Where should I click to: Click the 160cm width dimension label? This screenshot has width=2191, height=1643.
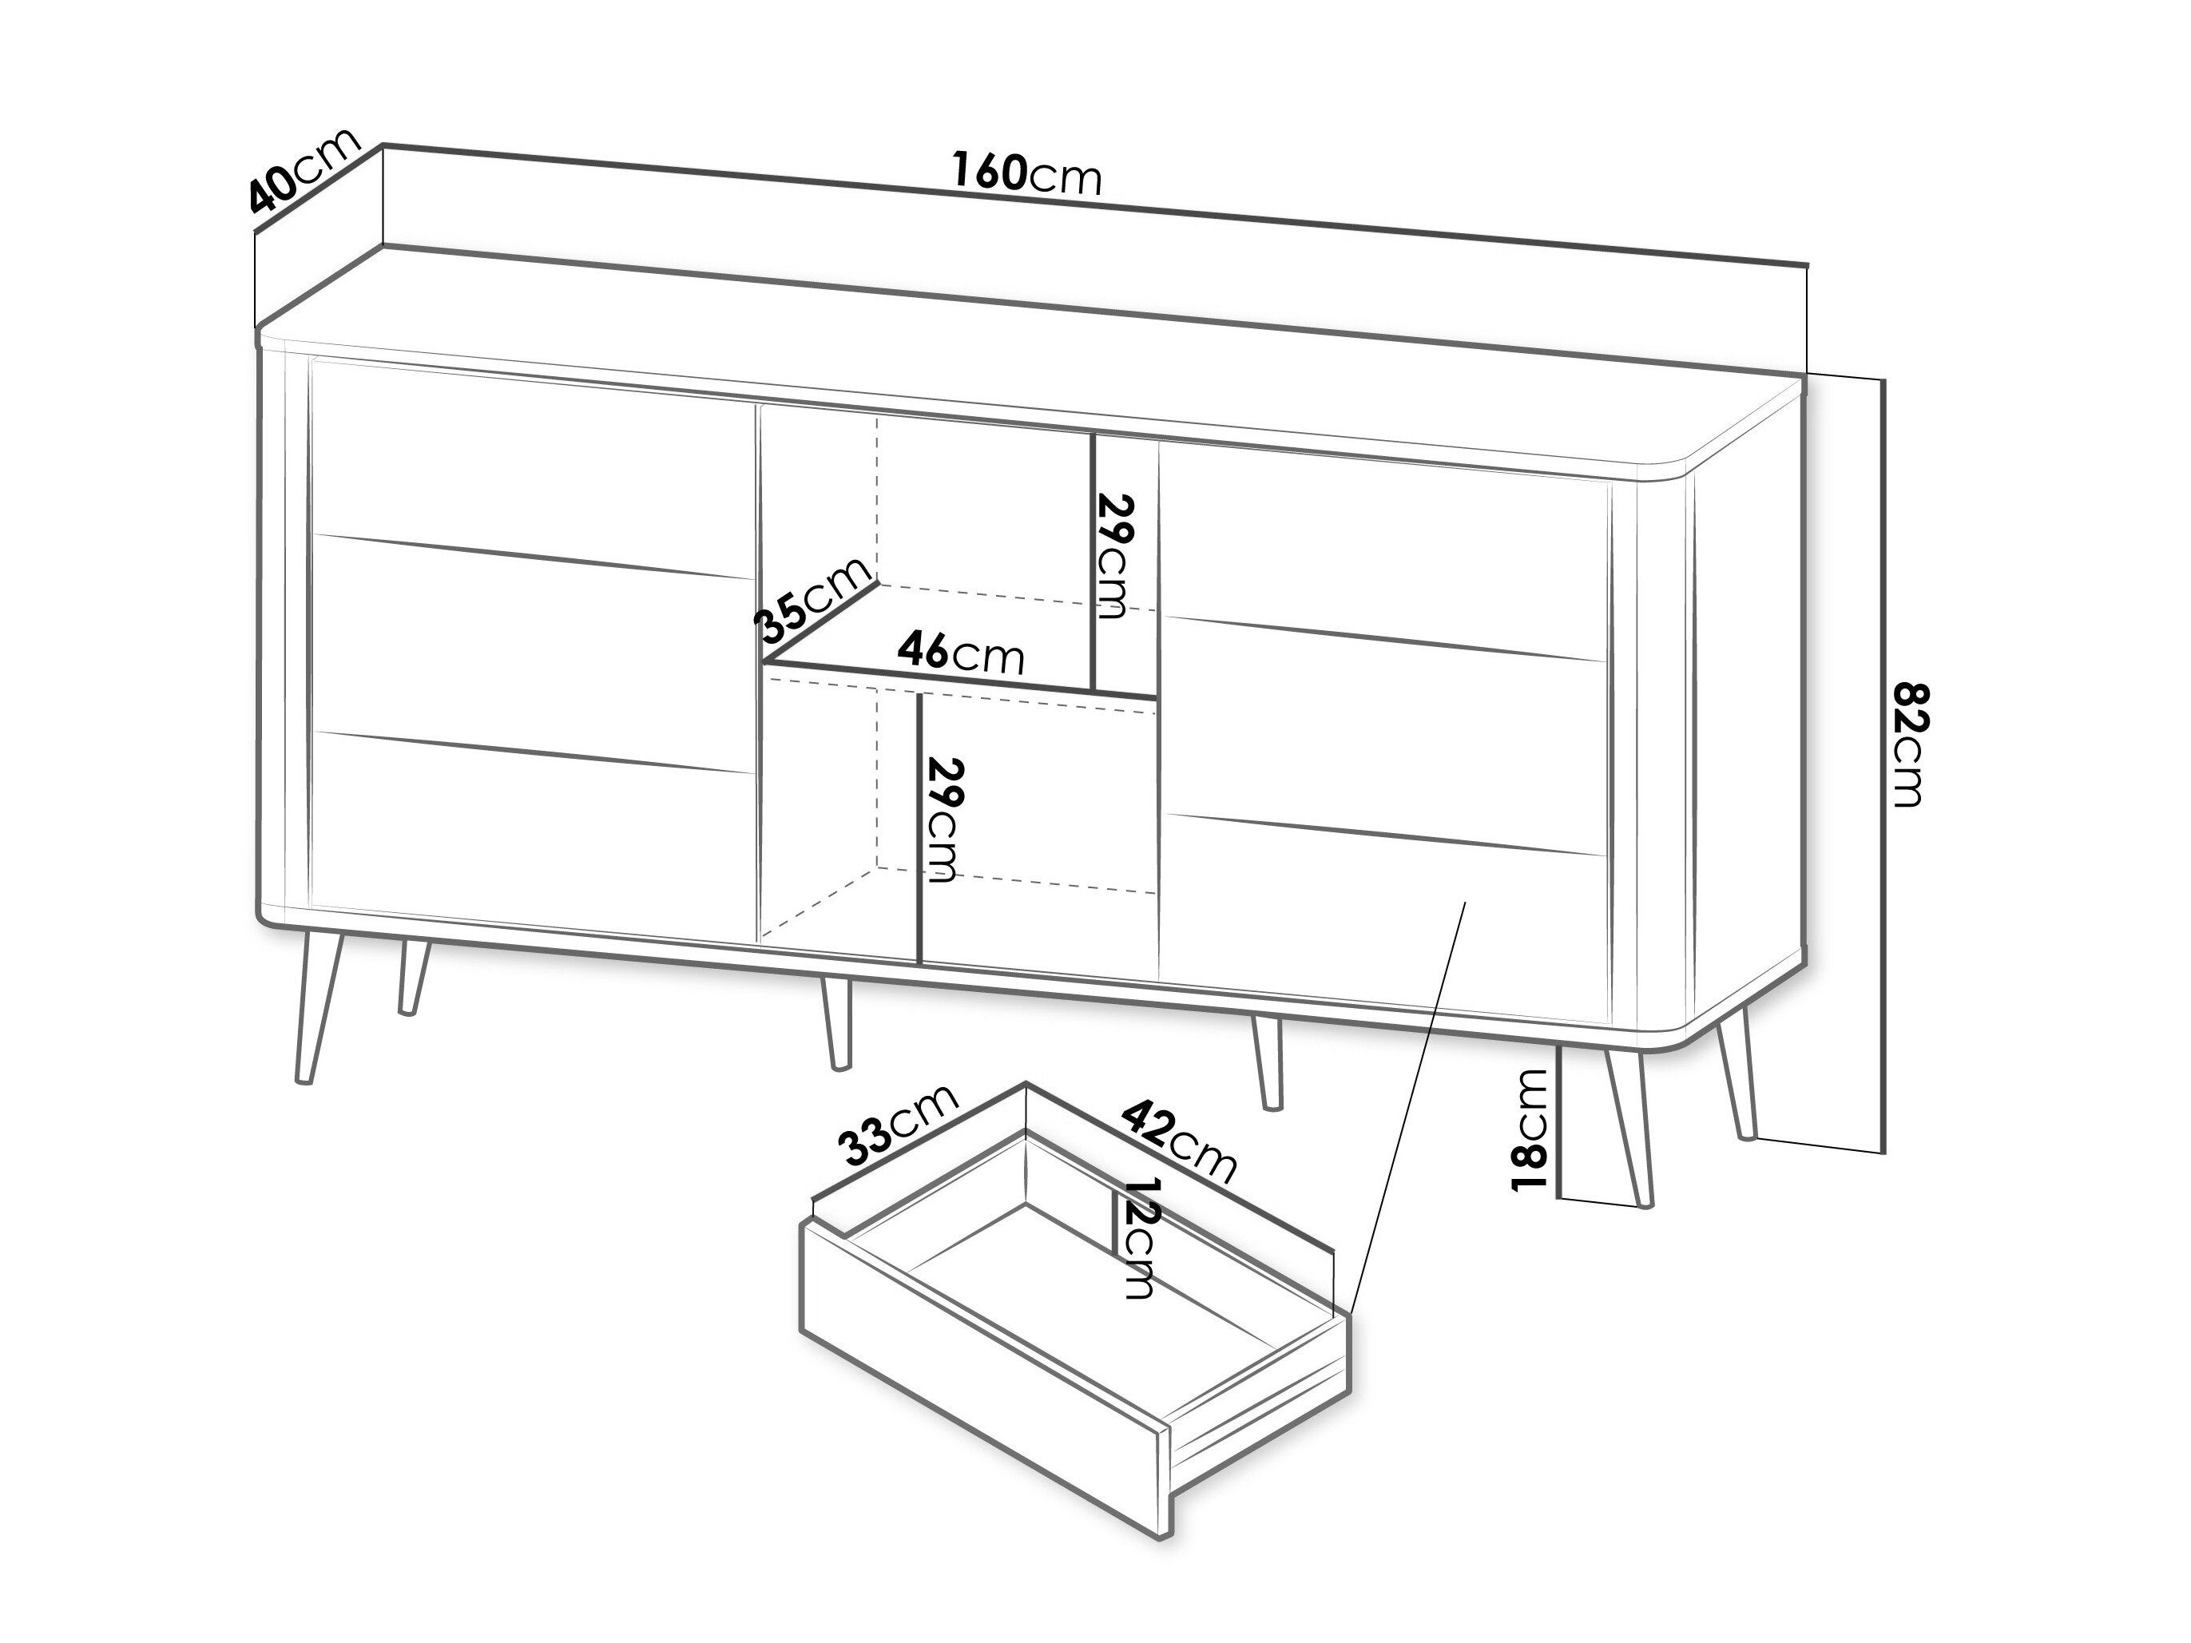tap(1027, 175)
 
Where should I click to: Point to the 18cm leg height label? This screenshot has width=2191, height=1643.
tap(1531, 1129)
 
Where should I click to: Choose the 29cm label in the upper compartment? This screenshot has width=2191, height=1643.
tap(1114, 557)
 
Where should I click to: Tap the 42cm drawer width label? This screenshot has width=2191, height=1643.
tap(1180, 1143)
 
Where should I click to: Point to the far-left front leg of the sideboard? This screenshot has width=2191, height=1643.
tap(319, 1007)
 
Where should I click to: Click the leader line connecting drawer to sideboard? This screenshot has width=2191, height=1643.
tap(1407, 1109)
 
